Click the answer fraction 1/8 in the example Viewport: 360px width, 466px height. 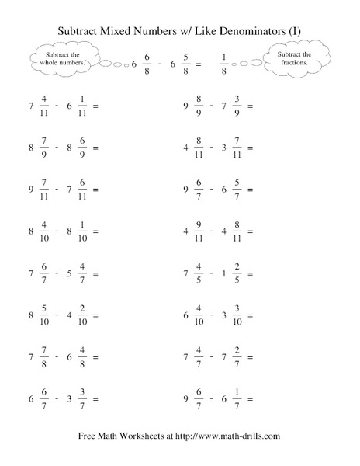click(224, 64)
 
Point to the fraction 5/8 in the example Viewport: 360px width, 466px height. click(183, 64)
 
